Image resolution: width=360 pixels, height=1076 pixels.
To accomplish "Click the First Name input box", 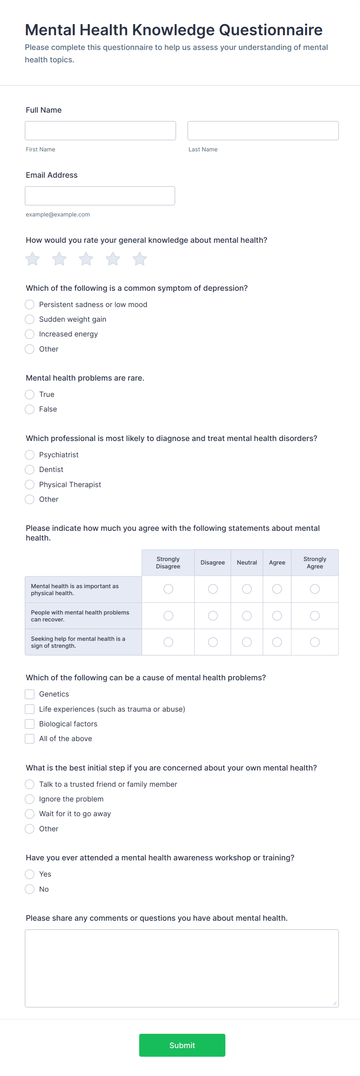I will tap(100, 131).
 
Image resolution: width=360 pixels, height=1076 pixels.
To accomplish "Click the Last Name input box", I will tap(263, 131).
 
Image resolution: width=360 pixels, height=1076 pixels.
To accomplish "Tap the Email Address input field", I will tap(100, 196).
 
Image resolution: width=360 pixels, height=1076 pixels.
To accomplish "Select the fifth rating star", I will tap(139, 259).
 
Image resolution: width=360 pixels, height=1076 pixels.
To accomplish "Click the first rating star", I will tap(33, 259).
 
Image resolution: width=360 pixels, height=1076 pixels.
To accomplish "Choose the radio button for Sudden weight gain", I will tap(30, 319).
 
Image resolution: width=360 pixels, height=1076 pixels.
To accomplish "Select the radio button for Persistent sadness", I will tap(30, 304).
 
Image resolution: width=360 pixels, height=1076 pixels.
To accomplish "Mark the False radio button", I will tap(30, 409).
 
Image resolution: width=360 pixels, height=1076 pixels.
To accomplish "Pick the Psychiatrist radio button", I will tap(30, 455).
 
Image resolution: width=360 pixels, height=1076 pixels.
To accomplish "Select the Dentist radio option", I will tap(30, 470).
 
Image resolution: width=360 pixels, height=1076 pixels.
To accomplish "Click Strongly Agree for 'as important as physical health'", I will tap(314, 589).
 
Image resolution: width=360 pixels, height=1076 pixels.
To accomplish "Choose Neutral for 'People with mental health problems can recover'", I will tap(247, 616).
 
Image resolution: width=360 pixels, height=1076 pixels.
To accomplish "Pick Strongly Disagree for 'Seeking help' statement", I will tap(168, 642).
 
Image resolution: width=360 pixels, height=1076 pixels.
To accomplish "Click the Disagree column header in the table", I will tap(213, 563).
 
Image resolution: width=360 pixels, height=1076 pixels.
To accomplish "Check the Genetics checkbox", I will tap(30, 694).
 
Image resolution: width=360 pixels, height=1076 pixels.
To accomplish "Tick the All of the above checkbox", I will tap(30, 738).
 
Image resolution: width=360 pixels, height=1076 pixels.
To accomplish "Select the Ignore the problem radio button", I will tap(30, 799).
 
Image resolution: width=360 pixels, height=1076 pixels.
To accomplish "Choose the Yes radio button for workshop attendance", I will tap(30, 874).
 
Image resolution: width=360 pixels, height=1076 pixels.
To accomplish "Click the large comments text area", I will tap(182, 968).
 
